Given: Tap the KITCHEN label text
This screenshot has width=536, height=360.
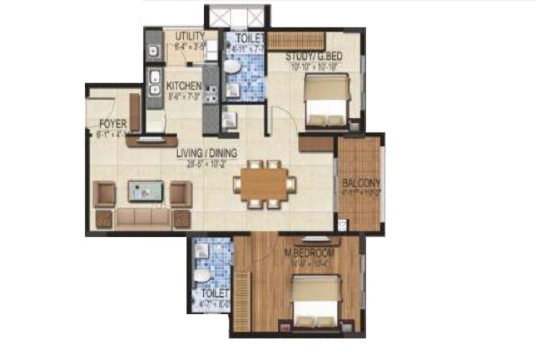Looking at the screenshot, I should coord(184,86).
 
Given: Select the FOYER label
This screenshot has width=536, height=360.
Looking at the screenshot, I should coord(113,122).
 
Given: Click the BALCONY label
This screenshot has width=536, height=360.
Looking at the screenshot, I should coord(361,182).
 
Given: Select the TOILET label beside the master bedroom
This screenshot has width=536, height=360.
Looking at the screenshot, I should coord(215,294).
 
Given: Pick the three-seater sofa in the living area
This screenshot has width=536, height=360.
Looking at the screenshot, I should coord(142,217).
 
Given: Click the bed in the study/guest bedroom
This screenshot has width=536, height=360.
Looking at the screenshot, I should coord(323,101).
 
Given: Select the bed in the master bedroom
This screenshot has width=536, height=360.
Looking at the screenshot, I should coord(316,301).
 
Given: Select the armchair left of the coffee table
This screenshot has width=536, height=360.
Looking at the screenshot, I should coord(105,193).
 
